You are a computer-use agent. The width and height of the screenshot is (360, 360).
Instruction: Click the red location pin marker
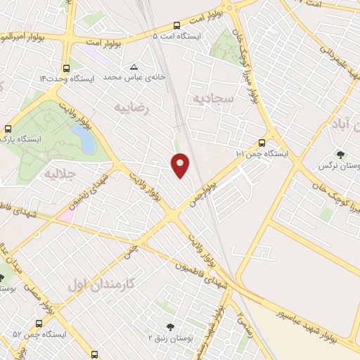pyautogui.click(x=181, y=165)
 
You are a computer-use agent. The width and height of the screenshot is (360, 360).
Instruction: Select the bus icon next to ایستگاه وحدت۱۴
pyautogui.click(x=66, y=68)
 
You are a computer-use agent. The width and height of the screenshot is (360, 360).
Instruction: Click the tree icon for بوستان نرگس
pyautogui.click(x=342, y=154)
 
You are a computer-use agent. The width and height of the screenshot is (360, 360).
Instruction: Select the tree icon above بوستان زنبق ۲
pyautogui.click(x=169, y=327)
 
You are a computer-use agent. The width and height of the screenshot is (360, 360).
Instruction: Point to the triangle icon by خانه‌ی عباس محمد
pyautogui.click(x=134, y=67)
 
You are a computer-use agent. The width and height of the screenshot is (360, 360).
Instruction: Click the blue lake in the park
pyautogui.click(x=88, y=141)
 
